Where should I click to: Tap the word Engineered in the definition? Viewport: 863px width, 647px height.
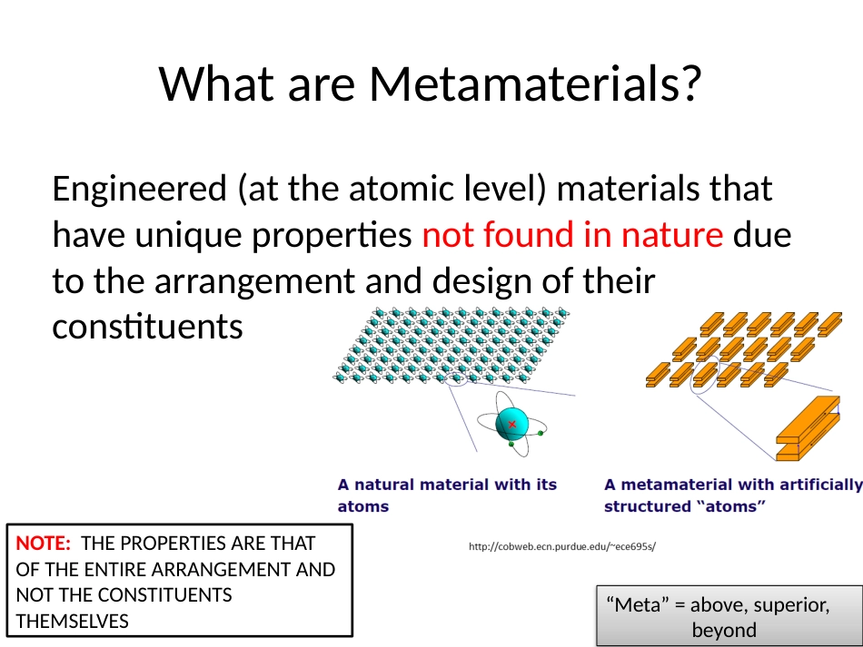pos(140,189)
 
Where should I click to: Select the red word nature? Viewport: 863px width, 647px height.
pos(672,235)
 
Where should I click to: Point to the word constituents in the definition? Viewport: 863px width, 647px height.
pos(147,327)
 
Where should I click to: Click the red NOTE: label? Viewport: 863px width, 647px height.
pos(43,544)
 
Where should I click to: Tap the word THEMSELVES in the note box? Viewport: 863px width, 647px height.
pos(72,622)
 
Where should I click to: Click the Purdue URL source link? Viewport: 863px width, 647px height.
pos(562,546)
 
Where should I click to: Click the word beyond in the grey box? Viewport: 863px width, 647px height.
pos(724,630)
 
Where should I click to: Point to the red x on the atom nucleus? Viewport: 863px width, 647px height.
pos(512,425)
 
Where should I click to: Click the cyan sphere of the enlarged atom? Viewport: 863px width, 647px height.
pos(511,425)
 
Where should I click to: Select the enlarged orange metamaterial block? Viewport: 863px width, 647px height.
pos(808,428)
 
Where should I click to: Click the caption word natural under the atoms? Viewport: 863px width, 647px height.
pos(383,485)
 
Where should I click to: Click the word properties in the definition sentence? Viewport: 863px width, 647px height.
pos(332,236)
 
